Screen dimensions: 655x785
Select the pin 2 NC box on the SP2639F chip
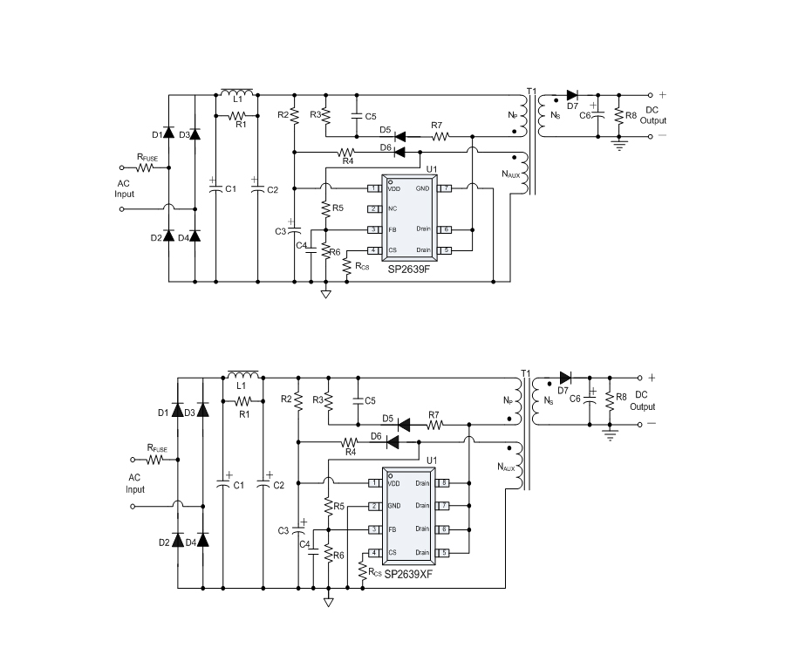point(372,208)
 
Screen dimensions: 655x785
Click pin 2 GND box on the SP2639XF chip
point(373,506)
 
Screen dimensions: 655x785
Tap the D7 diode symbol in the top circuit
point(572,95)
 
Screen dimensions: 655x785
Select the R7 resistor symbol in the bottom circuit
point(433,425)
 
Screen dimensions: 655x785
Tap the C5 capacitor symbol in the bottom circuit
point(358,400)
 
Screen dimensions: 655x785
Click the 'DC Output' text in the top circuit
point(653,115)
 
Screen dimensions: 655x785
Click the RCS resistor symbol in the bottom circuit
point(363,569)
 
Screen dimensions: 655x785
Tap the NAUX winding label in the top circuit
point(511,174)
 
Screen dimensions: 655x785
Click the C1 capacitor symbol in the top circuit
point(214,186)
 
